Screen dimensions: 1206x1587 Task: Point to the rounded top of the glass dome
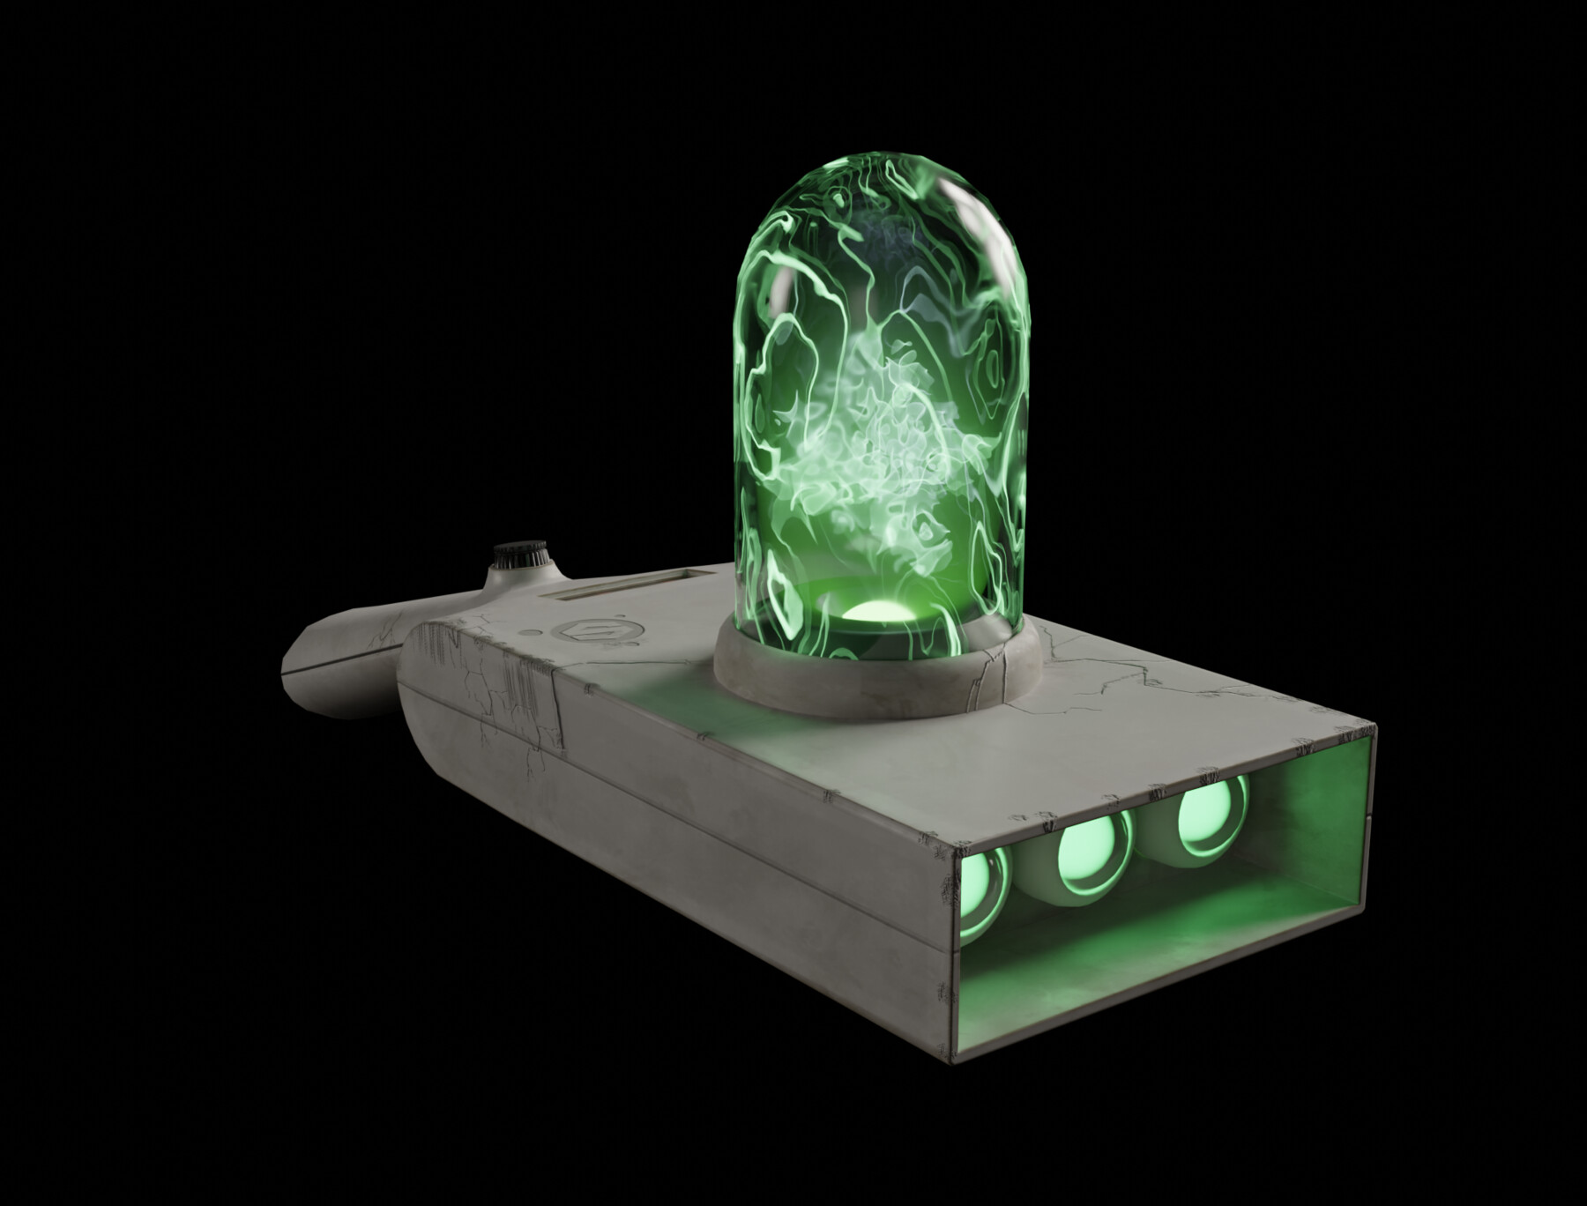tap(882, 190)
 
